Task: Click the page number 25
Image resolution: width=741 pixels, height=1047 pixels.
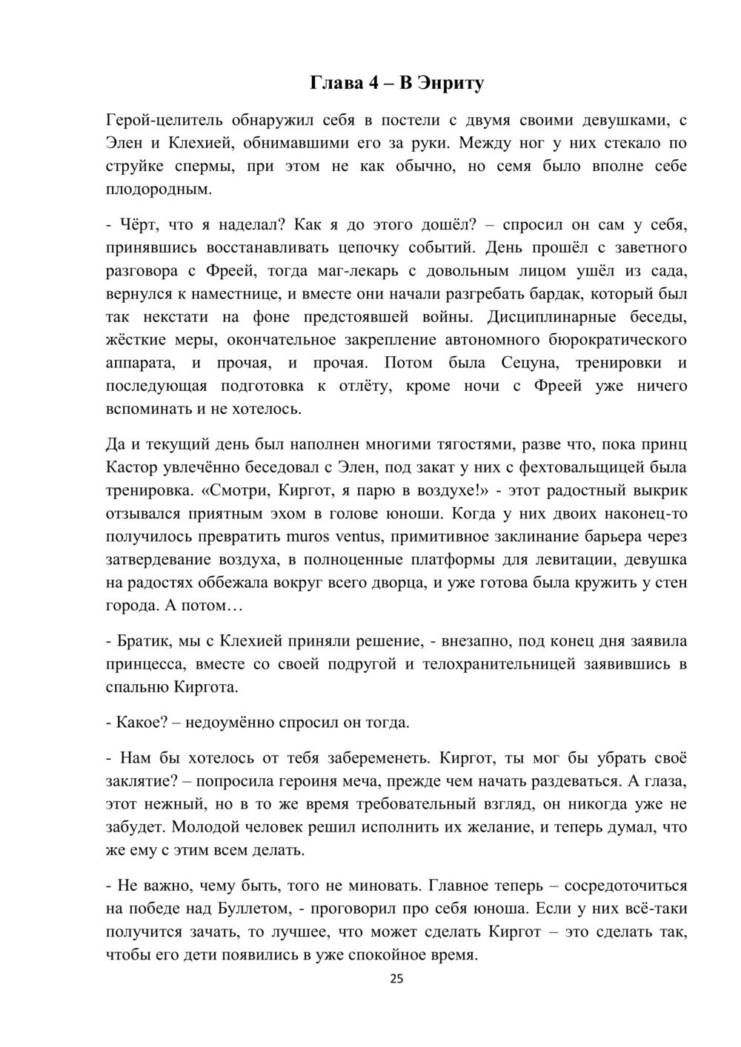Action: click(396, 979)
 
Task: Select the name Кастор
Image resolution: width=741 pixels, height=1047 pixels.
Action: click(132, 467)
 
